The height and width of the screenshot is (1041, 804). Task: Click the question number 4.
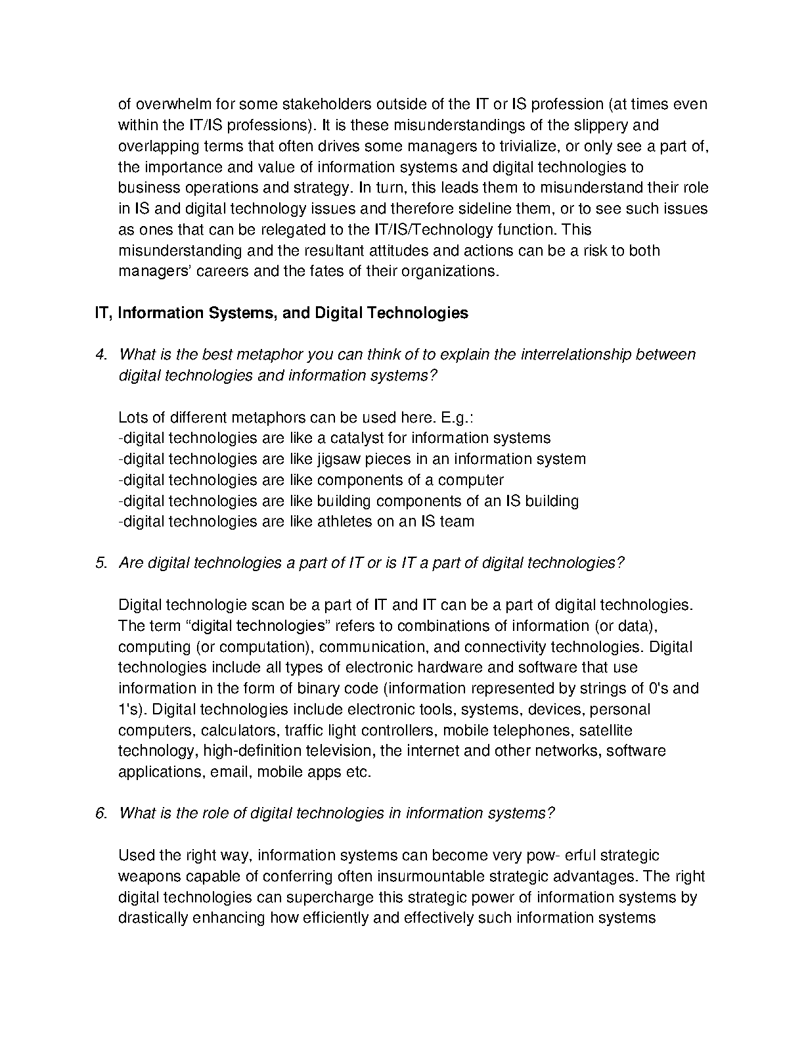(x=101, y=355)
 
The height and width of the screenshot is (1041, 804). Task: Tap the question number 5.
(x=101, y=563)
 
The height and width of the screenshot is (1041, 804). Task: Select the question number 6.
(x=101, y=814)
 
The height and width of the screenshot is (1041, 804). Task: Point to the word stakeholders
(x=318, y=104)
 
